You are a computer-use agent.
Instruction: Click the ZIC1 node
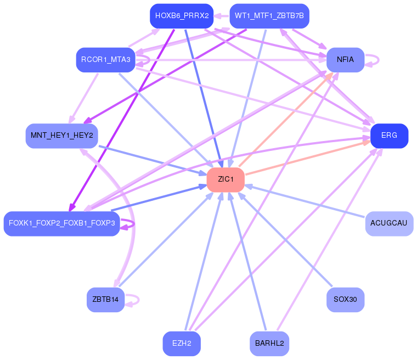pyautogui.click(x=226, y=179)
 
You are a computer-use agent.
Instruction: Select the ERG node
pyautogui.click(x=389, y=136)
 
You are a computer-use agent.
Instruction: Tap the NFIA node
pyautogui.click(x=345, y=60)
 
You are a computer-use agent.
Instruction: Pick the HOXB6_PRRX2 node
pyautogui.click(x=182, y=16)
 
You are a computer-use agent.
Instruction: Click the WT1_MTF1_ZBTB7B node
pyautogui.click(x=269, y=16)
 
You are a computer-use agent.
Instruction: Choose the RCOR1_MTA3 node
pyautogui.click(x=105, y=60)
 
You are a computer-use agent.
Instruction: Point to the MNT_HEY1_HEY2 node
pyautogui.click(x=61, y=136)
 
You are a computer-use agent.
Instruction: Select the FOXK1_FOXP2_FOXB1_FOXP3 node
pyautogui.click(x=61, y=223)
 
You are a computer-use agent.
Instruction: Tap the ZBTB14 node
pyautogui.click(x=105, y=300)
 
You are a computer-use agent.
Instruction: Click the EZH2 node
pyautogui.click(x=182, y=344)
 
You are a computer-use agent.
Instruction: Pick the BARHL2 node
pyautogui.click(x=269, y=344)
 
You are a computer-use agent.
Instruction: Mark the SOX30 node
pyautogui.click(x=345, y=300)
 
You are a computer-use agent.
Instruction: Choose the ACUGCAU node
pyautogui.click(x=389, y=223)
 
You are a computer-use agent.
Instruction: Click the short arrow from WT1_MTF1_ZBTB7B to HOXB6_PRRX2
pyautogui.click(x=221, y=16)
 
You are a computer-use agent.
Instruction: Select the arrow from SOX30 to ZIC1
pyautogui.click(x=285, y=240)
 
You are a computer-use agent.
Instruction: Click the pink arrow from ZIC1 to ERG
pyautogui.click(x=308, y=158)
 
